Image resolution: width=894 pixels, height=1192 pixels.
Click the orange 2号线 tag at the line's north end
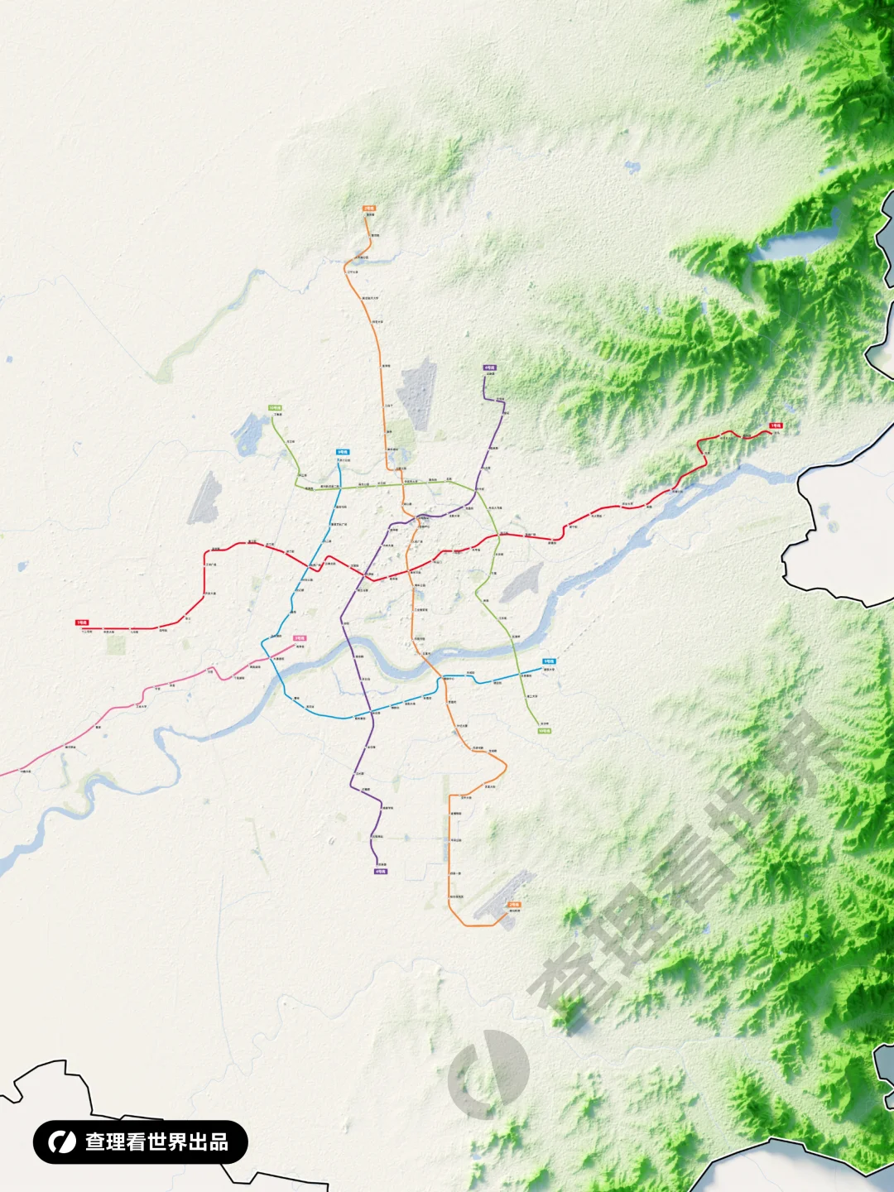click(x=369, y=209)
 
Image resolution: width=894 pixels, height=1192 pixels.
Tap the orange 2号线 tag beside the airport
click(x=514, y=905)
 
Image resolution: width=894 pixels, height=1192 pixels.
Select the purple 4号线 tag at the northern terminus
click(x=489, y=368)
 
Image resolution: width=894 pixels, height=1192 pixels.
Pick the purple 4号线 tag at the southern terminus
click(x=381, y=871)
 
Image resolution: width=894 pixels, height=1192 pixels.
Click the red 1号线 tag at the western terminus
click(x=82, y=622)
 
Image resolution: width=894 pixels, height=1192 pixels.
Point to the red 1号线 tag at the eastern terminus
click(x=776, y=425)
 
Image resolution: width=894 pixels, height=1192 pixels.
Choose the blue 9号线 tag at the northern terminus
click(x=342, y=452)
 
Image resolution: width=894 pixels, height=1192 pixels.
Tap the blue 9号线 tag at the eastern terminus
click(x=549, y=661)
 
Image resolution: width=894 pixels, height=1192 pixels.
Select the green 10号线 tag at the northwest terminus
click(x=275, y=408)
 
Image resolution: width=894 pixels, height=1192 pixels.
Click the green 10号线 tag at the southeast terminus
click(x=544, y=731)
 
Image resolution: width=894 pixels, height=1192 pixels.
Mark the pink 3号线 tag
click(x=299, y=638)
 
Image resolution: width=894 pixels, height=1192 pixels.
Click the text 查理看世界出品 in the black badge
click(x=157, y=1142)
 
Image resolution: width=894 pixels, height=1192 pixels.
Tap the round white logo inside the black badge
click(x=61, y=1142)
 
